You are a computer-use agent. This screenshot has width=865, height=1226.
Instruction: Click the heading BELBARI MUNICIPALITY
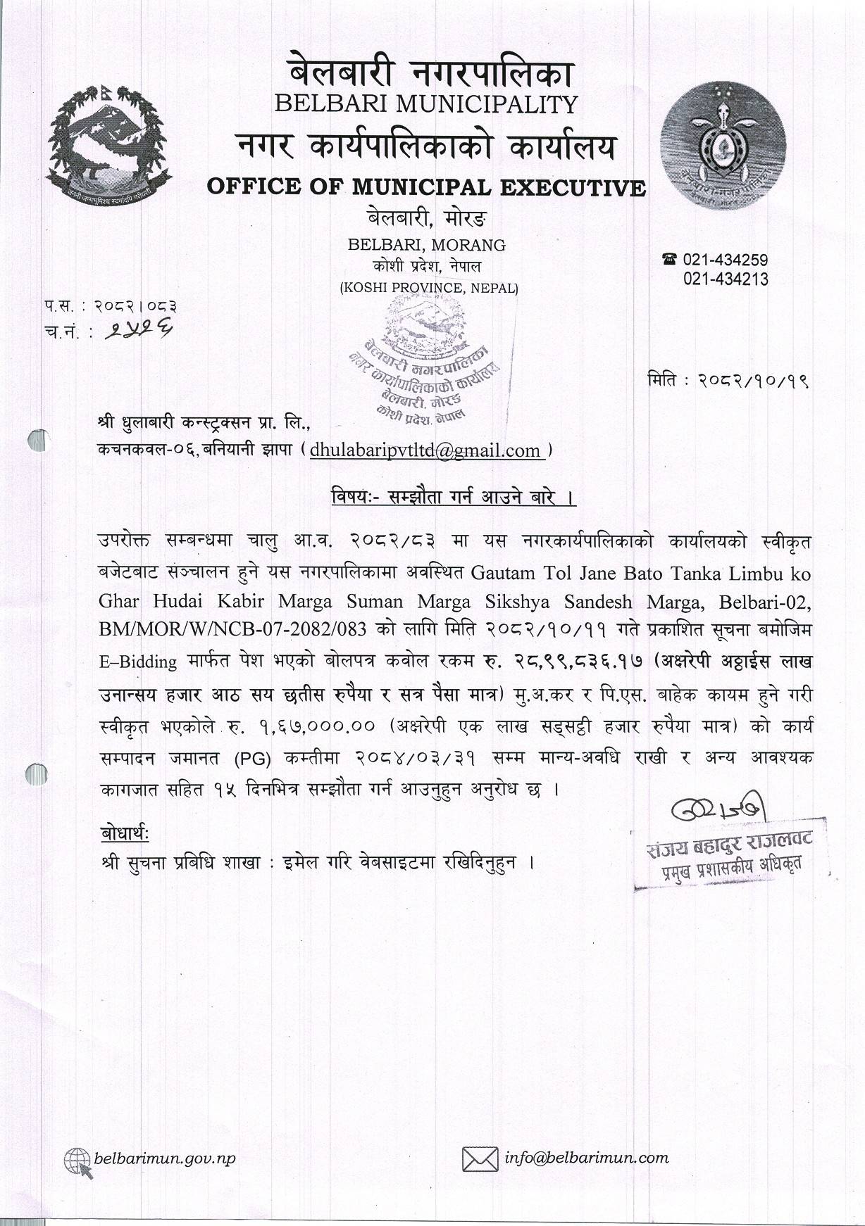pyautogui.click(x=425, y=104)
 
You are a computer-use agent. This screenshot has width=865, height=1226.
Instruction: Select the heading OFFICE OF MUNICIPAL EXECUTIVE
pyautogui.click(x=425, y=187)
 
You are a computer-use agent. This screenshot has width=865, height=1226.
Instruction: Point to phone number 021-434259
pyautogui.click(x=725, y=260)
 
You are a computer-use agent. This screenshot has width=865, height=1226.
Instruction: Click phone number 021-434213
pyautogui.click(x=725, y=279)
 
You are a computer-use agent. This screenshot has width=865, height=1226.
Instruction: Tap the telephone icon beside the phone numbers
pyautogui.click(x=669, y=260)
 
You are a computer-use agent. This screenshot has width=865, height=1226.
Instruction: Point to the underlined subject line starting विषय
pyautogui.click(x=454, y=498)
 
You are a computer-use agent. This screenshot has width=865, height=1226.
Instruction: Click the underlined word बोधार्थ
pyautogui.click(x=125, y=834)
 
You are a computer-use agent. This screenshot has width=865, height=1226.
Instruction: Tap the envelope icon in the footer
pyautogui.click(x=479, y=1158)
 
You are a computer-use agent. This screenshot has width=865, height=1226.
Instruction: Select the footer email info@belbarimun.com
pyautogui.click(x=587, y=1157)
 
